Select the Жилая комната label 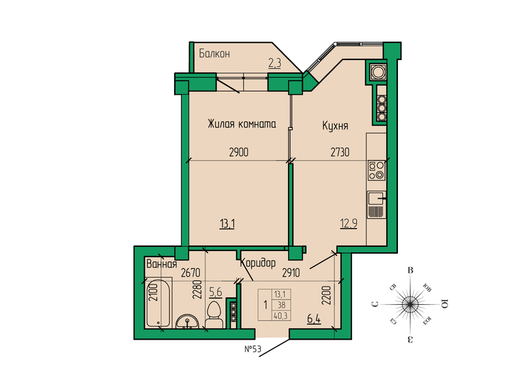242,125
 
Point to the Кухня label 336,126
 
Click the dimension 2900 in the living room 238,153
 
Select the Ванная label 162,264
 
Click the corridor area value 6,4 314,318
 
